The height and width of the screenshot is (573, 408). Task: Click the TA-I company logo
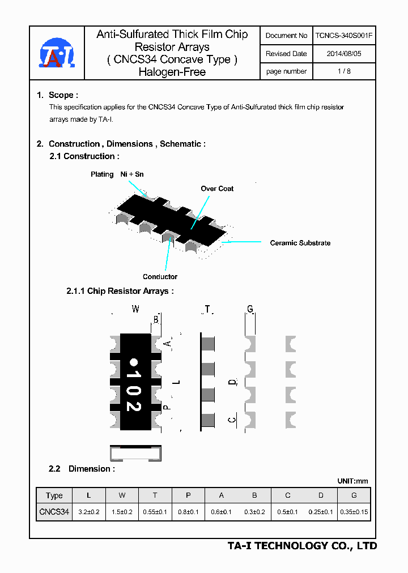coord(56,54)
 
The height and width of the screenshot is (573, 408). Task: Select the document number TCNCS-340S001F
coord(344,36)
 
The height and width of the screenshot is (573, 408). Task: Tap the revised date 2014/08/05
coord(344,54)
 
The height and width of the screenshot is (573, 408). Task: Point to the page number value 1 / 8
coord(344,71)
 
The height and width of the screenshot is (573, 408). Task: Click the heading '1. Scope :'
coord(57,95)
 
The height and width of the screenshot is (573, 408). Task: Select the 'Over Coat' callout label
coord(217,189)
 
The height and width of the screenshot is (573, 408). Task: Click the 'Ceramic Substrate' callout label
coord(300,243)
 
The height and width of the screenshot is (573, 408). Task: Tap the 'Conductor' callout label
coord(160,277)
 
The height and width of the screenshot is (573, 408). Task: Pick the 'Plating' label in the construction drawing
coord(102,174)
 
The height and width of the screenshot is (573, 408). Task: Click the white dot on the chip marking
coord(134,362)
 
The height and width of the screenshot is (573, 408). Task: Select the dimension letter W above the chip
coord(135,309)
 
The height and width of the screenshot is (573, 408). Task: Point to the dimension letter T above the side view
coord(207,309)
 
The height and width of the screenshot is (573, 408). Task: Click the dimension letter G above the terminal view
coord(250,309)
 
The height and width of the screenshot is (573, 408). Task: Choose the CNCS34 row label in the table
coord(54,512)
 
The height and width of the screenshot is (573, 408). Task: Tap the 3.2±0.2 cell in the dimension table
coord(88,512)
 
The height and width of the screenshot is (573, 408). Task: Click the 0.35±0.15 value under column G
coord(354,512)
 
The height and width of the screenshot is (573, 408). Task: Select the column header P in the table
coord(188,495)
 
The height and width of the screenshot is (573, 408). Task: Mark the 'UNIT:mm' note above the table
coord(352,481)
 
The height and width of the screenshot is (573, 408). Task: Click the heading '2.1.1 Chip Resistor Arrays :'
coord(120,291)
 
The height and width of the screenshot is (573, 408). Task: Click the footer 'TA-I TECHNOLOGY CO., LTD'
coord(302,546)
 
